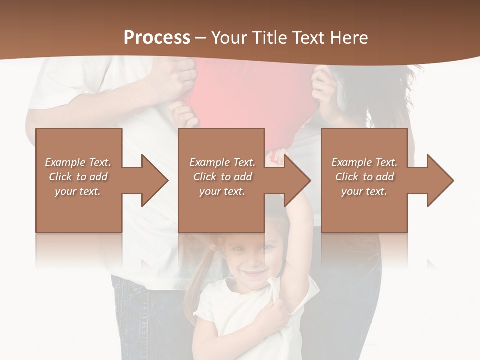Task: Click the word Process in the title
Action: [x=157, y=38]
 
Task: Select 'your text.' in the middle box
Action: [x=222, y=191]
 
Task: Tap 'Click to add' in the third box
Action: [x=364, y=177]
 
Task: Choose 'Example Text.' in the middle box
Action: [x=222, y=162]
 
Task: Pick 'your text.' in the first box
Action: [x=77, y=191]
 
